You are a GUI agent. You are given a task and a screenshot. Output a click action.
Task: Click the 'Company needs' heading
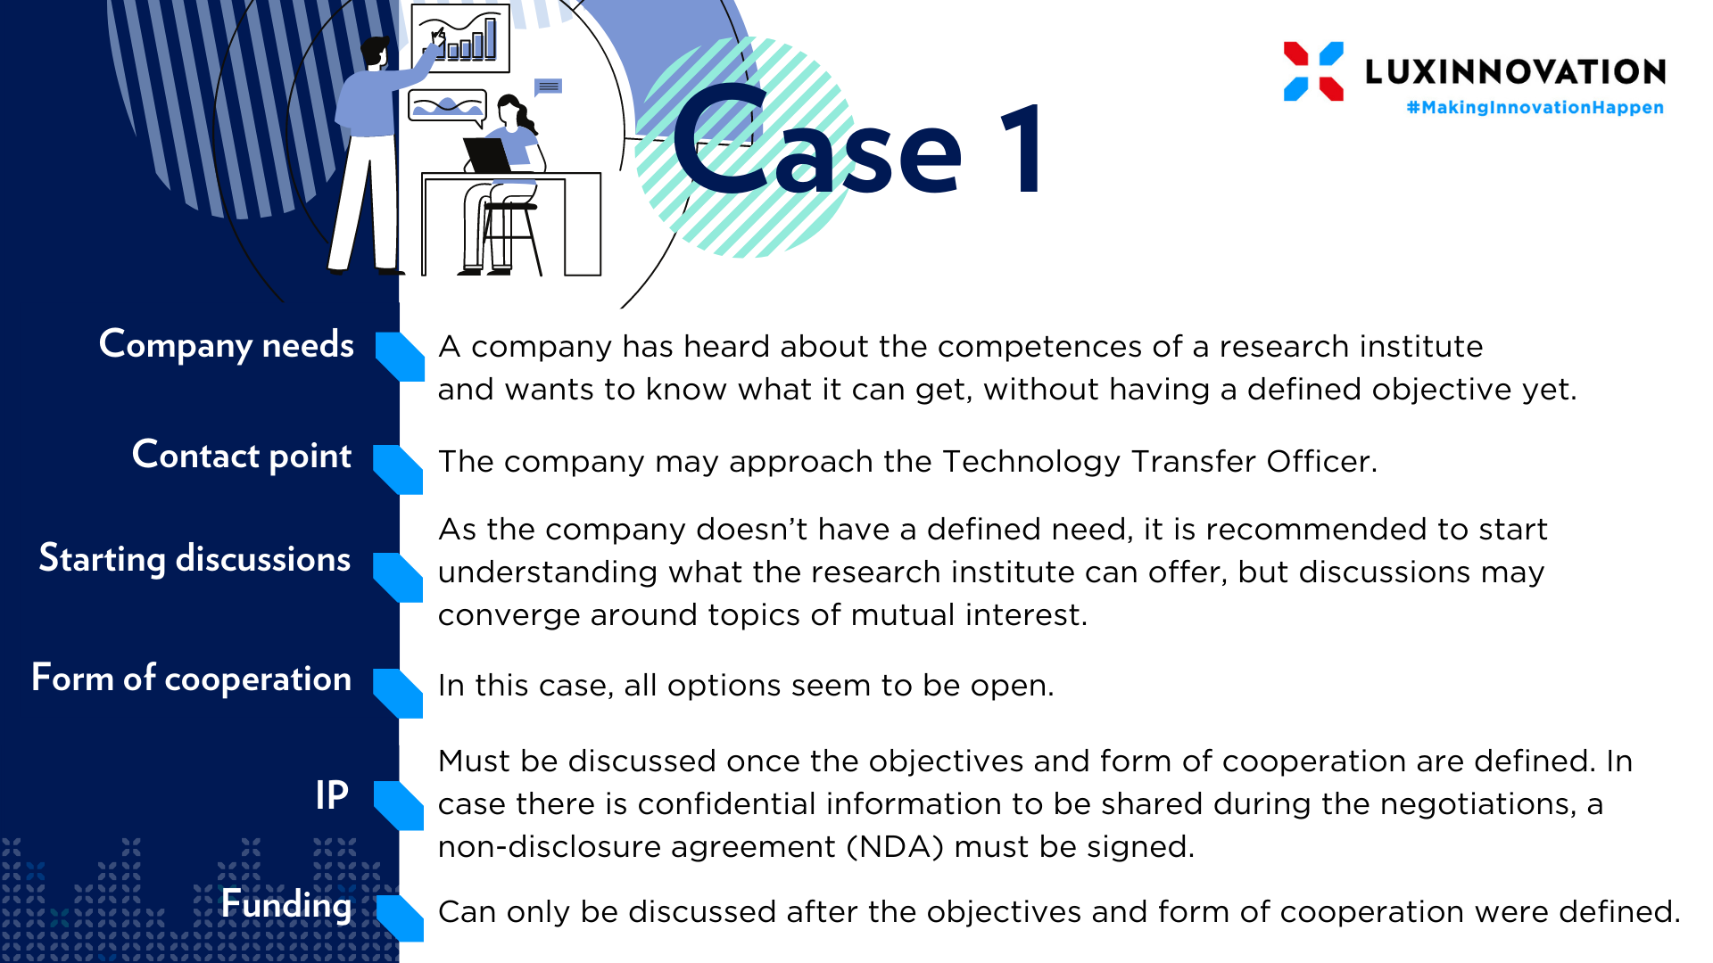coord(227,345)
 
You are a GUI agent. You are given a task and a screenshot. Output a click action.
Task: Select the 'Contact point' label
coord(242,455)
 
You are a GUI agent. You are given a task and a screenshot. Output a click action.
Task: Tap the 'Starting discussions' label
coord(194,559)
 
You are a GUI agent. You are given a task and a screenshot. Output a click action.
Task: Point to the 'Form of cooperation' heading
coord(192,679)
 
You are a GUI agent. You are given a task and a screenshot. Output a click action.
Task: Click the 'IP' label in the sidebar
coord(332,794)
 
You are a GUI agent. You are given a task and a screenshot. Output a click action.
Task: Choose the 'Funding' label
coord(286,904)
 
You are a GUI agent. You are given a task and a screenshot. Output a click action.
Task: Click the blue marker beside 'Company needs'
coord(400,356)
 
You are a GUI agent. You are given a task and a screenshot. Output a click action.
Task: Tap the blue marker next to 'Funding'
coord(400,918)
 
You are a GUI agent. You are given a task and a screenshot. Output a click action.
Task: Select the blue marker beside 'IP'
coord(399,805)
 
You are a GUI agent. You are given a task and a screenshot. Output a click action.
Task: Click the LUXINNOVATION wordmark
coord(1515,71)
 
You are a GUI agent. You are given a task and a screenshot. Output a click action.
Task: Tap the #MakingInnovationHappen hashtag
coord(1535,108)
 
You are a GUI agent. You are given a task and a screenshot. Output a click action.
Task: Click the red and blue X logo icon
coord(1313,71)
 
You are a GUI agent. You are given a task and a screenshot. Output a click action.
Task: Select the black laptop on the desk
coord(488,155)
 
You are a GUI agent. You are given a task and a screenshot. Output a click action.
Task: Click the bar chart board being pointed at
coord(460,38)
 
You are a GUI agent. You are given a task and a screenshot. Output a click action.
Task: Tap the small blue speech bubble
coord(548,86)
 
